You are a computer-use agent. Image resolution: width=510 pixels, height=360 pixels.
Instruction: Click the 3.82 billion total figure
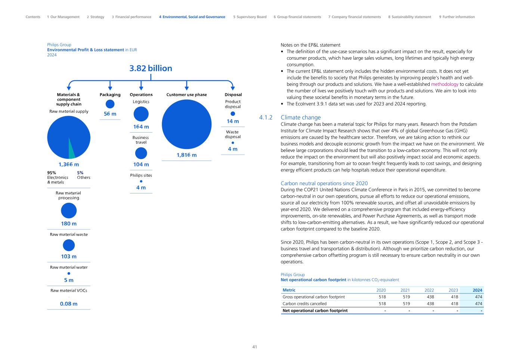151,68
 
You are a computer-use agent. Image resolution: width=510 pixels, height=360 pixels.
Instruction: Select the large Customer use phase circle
186,124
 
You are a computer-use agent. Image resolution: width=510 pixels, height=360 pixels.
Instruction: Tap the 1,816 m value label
186,155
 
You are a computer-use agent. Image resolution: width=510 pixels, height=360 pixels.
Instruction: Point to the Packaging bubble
110,104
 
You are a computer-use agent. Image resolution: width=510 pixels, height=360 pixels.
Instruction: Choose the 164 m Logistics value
141,127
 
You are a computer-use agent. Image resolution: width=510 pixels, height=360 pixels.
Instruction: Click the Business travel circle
141,153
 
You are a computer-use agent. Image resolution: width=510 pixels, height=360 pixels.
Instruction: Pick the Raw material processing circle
69,211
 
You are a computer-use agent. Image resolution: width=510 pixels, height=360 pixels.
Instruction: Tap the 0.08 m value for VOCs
69,304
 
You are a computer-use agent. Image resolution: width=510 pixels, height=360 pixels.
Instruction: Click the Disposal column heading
233,94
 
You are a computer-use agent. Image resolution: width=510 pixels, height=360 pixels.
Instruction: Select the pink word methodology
444,84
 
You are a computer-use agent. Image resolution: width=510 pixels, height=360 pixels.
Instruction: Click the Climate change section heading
300,117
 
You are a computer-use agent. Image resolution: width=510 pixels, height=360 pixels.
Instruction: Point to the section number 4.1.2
266,117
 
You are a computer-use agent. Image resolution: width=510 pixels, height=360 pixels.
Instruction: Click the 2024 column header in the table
477,290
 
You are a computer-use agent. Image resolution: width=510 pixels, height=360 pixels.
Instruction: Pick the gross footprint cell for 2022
430,297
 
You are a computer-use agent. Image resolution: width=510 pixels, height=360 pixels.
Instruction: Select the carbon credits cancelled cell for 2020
382,304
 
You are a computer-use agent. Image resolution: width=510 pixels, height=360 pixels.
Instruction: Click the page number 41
255,347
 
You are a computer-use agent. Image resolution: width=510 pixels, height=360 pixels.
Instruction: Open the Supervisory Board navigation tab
250,17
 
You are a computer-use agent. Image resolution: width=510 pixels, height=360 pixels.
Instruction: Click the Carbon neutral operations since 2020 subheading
324,183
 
